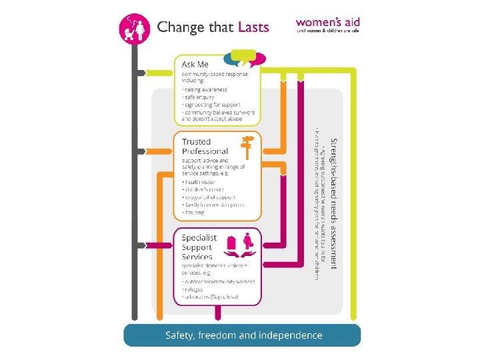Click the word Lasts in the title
(x=253, y=27)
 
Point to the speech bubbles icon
(x=240, y=59)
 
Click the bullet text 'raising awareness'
(x=205, y=89)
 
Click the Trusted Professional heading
(x=205, y=146)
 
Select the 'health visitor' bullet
(x=201, y=182)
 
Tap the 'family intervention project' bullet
(x=214, y=205)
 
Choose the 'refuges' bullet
(x=195, y=290)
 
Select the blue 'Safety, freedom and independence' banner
(x=243, y=335)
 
